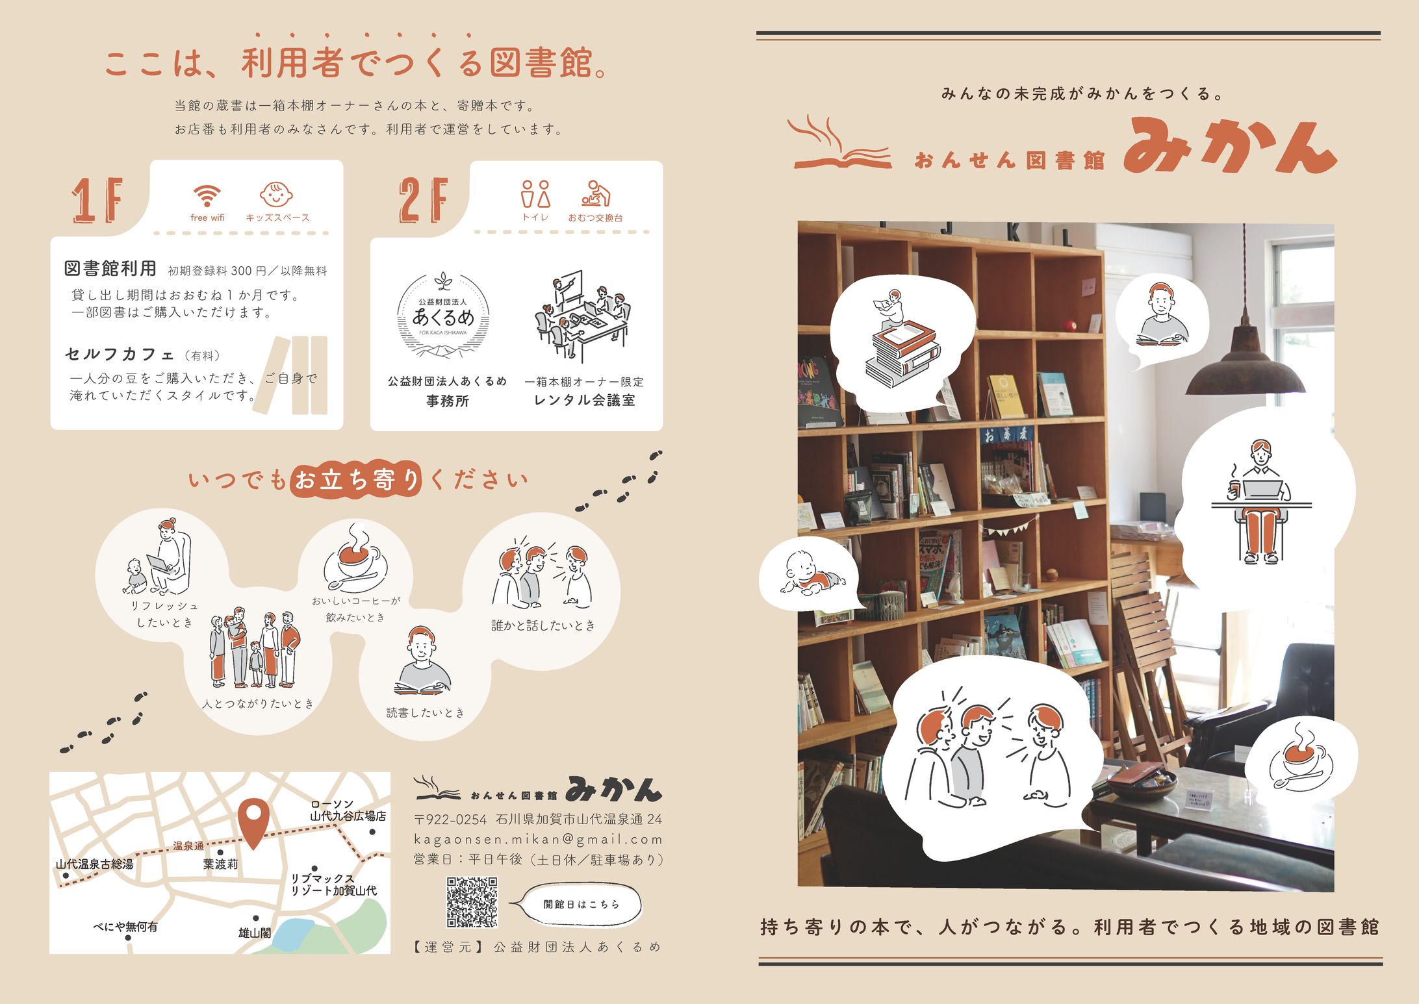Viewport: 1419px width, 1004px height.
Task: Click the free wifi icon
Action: point(207,195)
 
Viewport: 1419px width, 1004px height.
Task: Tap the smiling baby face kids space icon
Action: point(276,194)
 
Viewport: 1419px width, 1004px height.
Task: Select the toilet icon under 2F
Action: point(535,194)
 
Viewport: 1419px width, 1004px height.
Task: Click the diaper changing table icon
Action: point(595,194)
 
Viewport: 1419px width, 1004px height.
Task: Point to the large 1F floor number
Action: point(97,200)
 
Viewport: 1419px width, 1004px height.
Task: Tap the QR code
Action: point(472,902)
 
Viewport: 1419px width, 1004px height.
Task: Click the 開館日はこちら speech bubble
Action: point(581,903)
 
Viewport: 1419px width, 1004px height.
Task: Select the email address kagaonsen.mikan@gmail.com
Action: point(538,839)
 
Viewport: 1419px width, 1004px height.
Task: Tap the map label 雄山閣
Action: point(254,933)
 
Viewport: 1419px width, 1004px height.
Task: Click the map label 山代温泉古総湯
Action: point(94,864)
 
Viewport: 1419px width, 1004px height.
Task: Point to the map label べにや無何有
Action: point(125,926)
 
